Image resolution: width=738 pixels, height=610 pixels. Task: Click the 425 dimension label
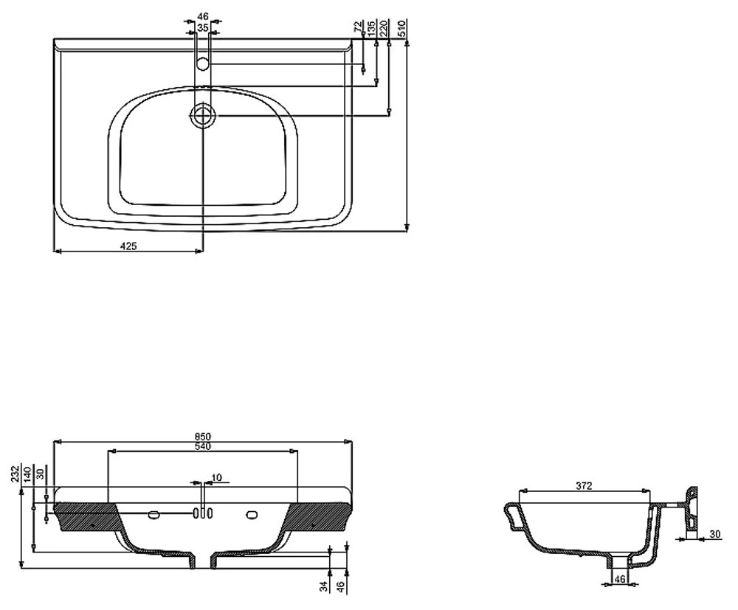pos(128,246)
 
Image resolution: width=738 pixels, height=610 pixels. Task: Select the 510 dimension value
pos(402,29)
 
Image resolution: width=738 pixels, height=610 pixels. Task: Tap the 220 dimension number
pos(383,29)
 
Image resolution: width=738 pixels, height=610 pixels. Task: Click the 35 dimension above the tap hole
pos(203,28)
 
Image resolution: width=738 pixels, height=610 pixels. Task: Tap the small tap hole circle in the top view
pos(203,63)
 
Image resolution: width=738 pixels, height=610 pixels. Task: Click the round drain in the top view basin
pos(203,115)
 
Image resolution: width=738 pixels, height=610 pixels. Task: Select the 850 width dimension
pos(203,437)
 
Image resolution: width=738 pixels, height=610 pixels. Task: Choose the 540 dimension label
pos(203,446)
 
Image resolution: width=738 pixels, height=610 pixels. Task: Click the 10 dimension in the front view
pos(216,478)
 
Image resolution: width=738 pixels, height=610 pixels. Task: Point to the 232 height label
pos(16,474)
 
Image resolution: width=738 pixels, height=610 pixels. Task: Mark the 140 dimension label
pos(27,474)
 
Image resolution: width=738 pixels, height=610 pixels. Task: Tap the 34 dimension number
pos(324,586)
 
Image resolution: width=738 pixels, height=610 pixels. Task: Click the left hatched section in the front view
pos(87,516)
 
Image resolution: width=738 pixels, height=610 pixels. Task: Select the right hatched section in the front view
pos(318,516)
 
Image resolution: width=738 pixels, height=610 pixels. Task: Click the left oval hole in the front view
pos(154,515)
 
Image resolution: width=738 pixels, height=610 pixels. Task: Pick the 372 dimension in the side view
pos(584,486)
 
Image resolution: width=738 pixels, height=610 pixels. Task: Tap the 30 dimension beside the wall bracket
pos(715,534)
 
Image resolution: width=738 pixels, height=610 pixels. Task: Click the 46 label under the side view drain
pos(620,579)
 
